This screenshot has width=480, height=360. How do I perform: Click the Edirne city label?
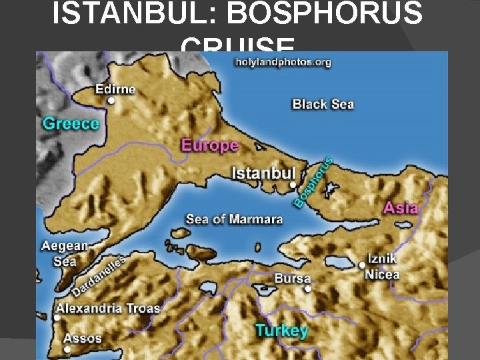[115, 89]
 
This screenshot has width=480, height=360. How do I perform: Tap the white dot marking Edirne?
[111, 101]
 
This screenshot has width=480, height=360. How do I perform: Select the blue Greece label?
[70, 123]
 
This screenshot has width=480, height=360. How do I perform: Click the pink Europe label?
[209, 145]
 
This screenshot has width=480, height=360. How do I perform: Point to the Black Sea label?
[323, 104]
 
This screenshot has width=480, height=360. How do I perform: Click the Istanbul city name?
[263, 173]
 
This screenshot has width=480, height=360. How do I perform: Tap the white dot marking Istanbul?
[293, 185]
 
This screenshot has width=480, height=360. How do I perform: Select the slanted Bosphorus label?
[313, 181]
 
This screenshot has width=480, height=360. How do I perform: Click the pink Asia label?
[401, 208]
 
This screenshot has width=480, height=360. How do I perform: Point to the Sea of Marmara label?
[234, 219]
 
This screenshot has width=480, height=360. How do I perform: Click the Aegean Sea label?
[64, 253]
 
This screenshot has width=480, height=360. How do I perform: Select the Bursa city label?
[292, 278]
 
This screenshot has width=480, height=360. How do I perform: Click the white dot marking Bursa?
[308, 289]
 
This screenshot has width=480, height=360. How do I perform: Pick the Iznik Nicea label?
[382, 266]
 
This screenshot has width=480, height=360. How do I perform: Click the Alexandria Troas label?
[108, 308]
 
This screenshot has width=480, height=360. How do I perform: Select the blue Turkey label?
[281, 331]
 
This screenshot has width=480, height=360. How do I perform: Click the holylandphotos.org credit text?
[283, 62]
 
